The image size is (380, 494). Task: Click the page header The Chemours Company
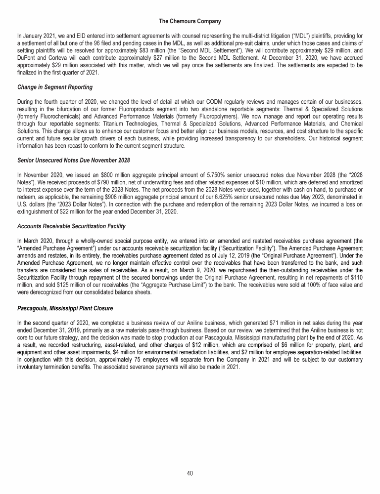190,22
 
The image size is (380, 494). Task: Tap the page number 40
190,473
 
